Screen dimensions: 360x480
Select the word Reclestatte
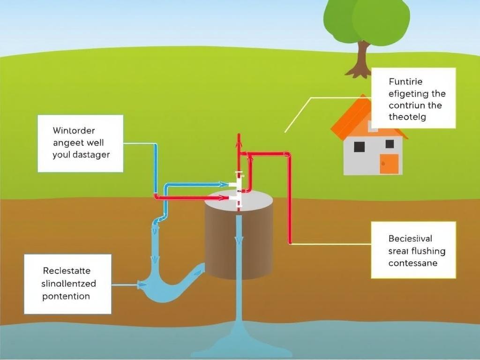tap(67, 271)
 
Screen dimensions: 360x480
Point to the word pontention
tap(66, 296)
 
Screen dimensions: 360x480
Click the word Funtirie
tap(405, 82)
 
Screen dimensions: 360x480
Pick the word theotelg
tap(407, 117)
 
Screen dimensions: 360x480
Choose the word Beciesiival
tap(410, 239)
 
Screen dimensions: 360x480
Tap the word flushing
tap(426, 251)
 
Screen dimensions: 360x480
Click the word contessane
tap(412, 263)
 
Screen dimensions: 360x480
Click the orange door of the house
tap(389, 164)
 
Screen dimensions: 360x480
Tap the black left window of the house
tap(360, 146)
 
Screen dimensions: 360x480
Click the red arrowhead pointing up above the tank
tap(239, 138)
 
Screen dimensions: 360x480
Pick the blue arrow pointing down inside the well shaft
tap(239, 241)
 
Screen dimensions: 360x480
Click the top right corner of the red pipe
tap(288, 154)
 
